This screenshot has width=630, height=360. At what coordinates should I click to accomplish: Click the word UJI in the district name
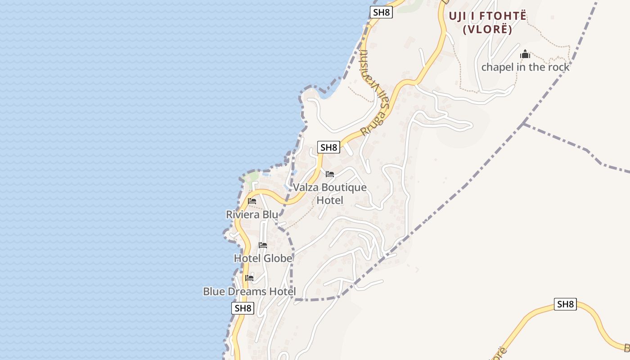(x=459, y=16)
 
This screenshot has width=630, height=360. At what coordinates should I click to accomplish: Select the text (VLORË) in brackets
(x=487, y=30)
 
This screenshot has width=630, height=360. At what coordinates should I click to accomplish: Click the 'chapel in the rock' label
(x=525, y=67)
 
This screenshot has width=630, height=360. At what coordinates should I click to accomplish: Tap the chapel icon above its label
(x=525, y=55)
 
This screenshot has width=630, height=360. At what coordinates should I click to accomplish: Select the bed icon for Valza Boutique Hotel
(x=330, y=174)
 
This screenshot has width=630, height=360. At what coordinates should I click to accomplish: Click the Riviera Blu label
(x=252, y=215)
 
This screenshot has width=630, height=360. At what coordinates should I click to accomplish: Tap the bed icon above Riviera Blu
(x=252, y=201)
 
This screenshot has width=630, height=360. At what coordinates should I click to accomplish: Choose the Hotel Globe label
(x=263, y=258)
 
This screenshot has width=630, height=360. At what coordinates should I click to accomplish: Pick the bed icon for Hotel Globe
(x=263, y=245)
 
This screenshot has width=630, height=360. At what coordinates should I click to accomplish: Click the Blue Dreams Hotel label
(x=249, y=292)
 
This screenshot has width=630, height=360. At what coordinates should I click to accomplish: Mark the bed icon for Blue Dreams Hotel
(x=249, y=278)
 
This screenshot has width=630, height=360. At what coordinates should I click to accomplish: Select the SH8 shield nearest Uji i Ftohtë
(x=382, y=12)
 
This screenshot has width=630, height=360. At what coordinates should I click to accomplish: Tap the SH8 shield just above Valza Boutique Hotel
(x=328, y=147)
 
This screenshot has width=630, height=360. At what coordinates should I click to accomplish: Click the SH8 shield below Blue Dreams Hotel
(x=243, y=308)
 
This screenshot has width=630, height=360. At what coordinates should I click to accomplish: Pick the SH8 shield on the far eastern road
(x=565, y=304)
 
